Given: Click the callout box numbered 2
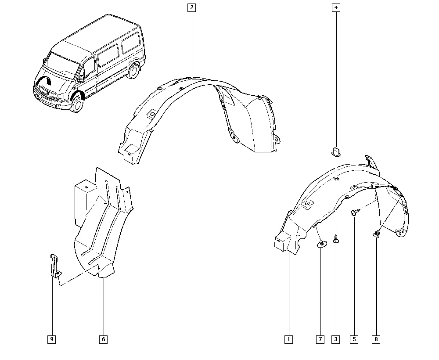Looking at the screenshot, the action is (191, 7).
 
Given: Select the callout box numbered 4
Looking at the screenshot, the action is (336, 7).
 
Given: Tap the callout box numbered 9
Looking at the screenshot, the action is (51, 339).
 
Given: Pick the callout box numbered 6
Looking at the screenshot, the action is (103, 339).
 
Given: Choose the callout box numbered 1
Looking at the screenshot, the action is (288, 339).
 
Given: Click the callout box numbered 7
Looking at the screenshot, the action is (320, 339).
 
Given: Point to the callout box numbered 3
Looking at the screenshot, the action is (336, 339).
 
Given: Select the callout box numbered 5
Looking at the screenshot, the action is (354, 339).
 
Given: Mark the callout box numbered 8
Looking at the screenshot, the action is (376, 339).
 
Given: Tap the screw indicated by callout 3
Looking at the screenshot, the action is (336, 239).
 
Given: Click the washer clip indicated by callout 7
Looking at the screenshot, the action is (322, 245).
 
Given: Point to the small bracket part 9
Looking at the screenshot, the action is (55, 266).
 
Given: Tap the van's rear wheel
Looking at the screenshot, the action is (133, 72).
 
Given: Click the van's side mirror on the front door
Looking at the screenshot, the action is (81, 79).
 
